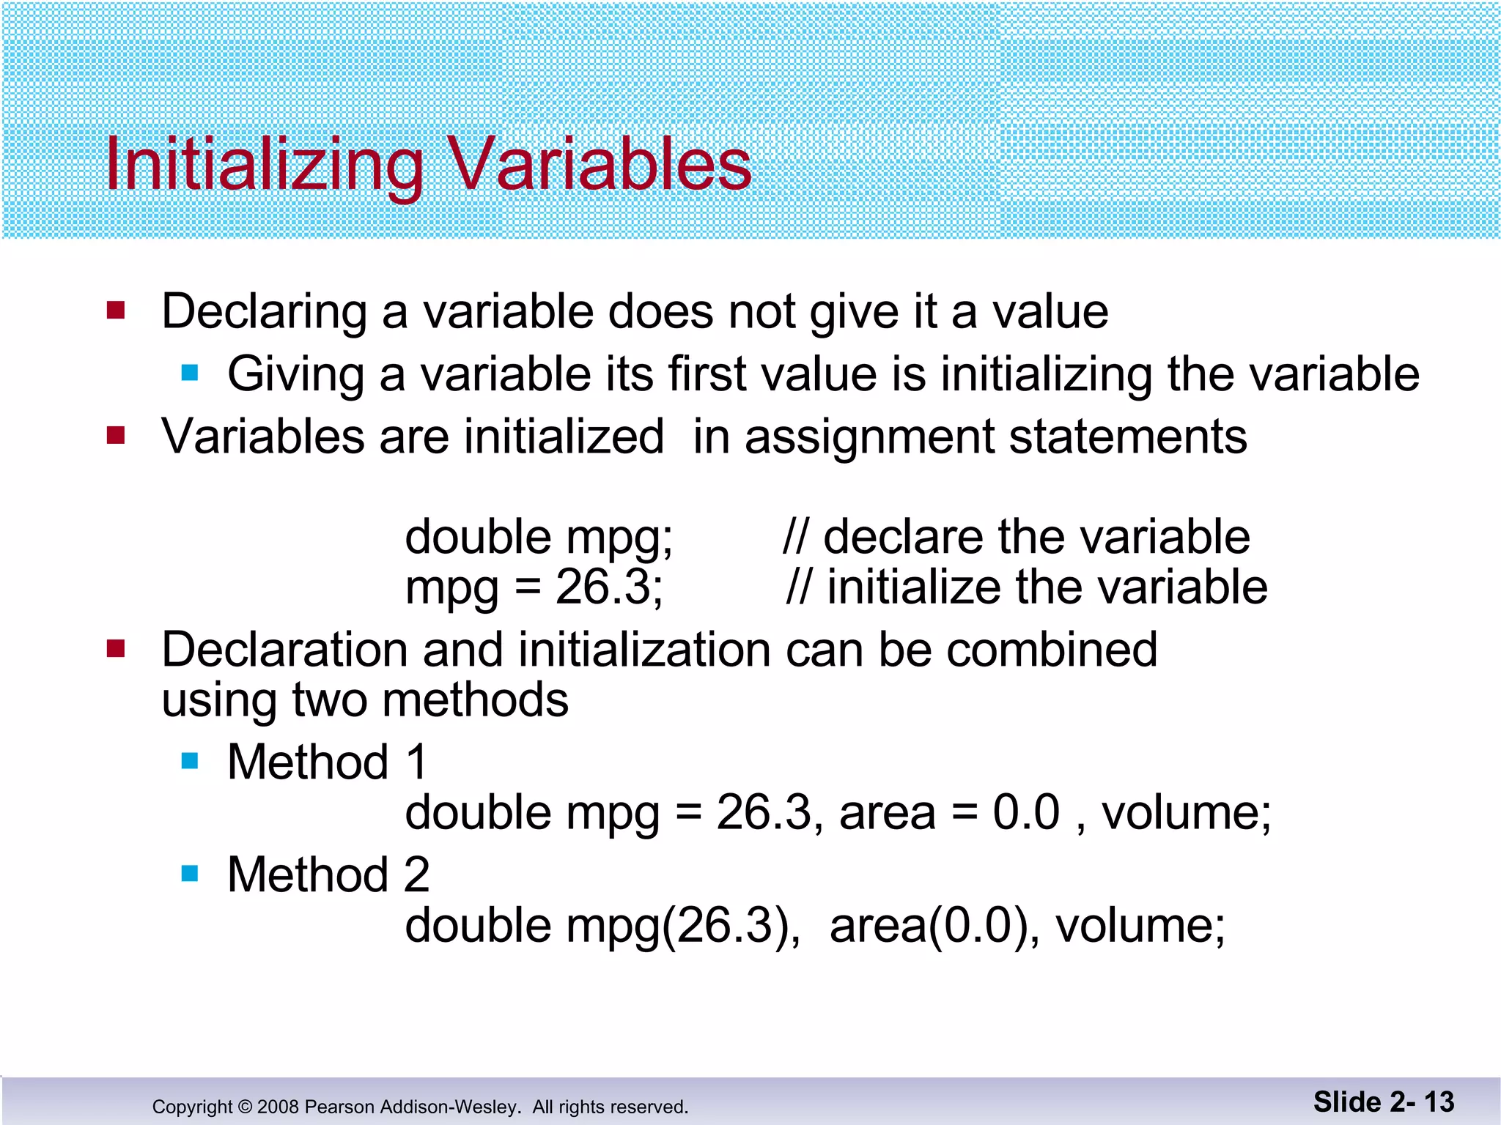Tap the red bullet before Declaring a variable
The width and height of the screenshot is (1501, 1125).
click(x=116, y=311)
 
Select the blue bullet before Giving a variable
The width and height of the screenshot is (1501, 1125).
click(x=190, y=374)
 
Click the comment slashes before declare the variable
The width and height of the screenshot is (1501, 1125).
click(x=797, y=537)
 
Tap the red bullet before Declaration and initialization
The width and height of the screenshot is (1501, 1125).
click(x=116, y=649)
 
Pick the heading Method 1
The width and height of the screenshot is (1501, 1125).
click(x=327, y=762)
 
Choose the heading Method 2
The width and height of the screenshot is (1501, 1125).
click(x=328, y=875)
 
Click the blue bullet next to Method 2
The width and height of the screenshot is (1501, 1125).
click(x=190, y=874)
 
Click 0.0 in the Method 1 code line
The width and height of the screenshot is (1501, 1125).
click(x=1026, y=812)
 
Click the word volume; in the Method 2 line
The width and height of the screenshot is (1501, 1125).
click(x=1140, y=926)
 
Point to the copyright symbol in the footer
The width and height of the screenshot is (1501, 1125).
click(x=245, y=1107)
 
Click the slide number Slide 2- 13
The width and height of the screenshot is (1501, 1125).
click(x=1383, y=1102)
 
